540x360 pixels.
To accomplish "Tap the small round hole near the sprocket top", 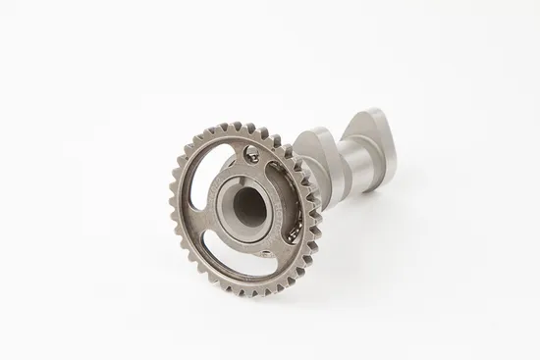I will (x=252, y=152).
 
